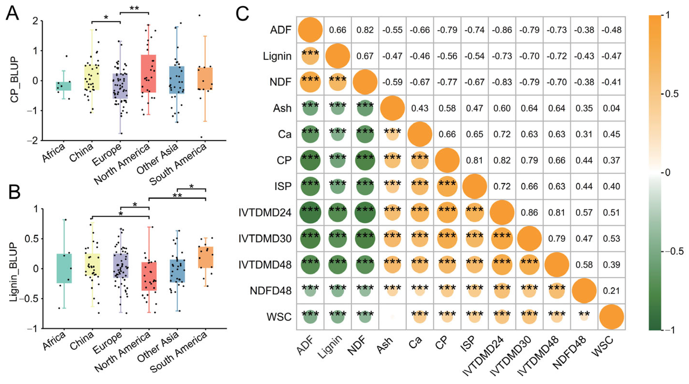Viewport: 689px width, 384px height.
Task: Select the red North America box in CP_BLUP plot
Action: pos(148,74)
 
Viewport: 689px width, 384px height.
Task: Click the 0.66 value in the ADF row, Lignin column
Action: pos(338,30)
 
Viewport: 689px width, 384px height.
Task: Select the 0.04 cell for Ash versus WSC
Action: pos(611,108)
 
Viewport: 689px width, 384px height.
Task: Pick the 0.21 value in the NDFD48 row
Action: pos(611,291)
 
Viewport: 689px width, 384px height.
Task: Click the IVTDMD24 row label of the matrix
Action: pos(265,213)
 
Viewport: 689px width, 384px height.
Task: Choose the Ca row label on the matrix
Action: pos(284,134)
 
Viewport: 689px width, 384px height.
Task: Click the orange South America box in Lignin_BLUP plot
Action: pos(205,257)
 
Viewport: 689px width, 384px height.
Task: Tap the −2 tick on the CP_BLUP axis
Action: pos(34,141)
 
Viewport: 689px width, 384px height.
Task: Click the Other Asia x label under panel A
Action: pos(158,159)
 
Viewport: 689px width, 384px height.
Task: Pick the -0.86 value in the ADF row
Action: pos(502,30)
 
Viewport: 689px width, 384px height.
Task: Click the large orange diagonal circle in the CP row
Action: pos(447,160)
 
